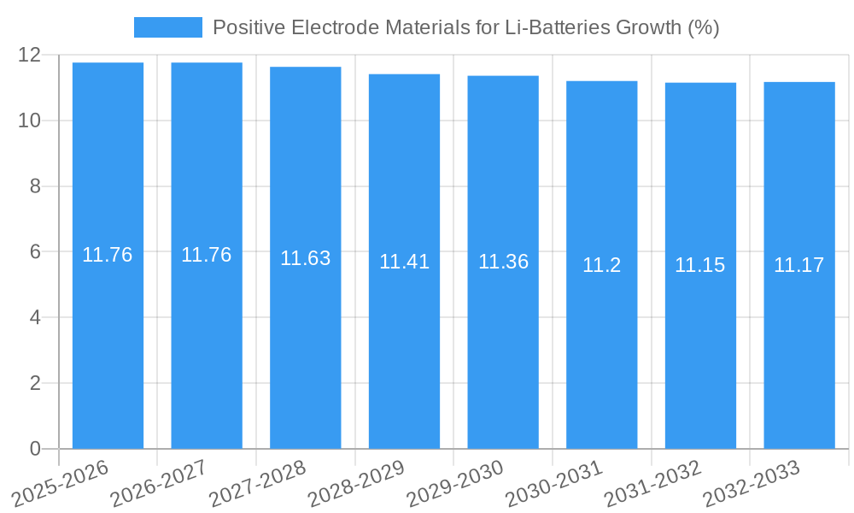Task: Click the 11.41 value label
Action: click(404, 262)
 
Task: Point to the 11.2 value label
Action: click(601, 265)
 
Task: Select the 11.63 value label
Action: click(306, 258)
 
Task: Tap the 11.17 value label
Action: click(798, 265)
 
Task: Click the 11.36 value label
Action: click(503, 262)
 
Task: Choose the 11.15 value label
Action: click(699, 265)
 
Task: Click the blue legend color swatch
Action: click(168, 27)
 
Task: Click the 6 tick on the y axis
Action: click(35, 252)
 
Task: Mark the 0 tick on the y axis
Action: click(35, 449)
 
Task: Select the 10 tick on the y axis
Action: click(30, 121)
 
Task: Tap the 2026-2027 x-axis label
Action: click(156, 483)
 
